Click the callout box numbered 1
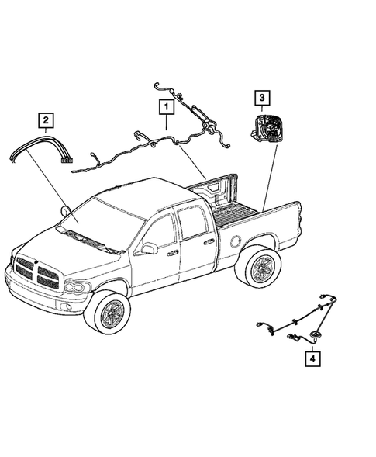(x=165, y=105)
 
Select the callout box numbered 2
(x=46, y=119)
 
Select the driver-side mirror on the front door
(x=147, y=248)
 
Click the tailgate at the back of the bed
(x=215, y=190)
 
